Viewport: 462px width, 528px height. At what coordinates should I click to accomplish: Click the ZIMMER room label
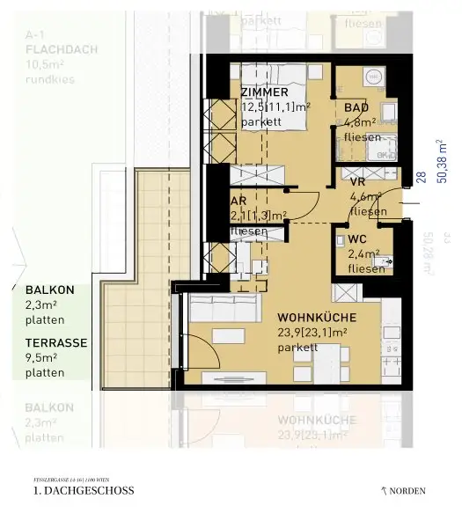point(264,92)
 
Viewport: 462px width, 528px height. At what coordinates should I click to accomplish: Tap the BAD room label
point(356,106)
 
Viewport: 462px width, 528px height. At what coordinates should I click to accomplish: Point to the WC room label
point(358,238)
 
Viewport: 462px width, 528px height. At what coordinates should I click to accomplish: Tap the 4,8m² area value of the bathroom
point(362,122)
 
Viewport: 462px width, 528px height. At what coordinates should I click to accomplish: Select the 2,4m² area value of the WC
point(363,253)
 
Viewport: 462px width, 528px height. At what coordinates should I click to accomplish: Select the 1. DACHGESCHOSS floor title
point(84,490)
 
